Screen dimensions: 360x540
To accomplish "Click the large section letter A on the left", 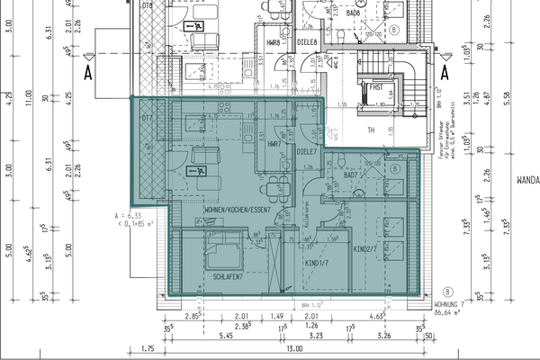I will pyautogui.click(x=89, y=68).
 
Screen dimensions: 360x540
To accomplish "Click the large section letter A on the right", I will pyautogui.click(x=445, y=68).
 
